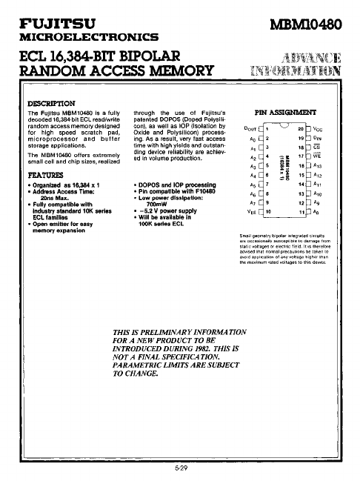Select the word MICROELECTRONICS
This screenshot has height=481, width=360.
coord(89,36)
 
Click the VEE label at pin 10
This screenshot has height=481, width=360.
coord(251,211)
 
